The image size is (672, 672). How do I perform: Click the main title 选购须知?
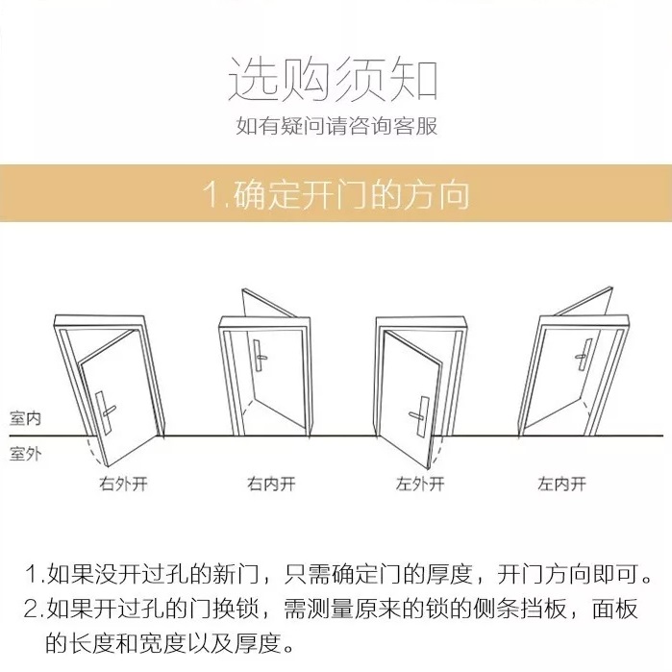point(333,79)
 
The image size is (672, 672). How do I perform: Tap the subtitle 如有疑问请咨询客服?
point(336,126)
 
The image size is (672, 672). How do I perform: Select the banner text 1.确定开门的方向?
point(336,194)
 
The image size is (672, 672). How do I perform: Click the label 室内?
point(25,418)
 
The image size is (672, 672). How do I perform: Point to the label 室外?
point(25,454)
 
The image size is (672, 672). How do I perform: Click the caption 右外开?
point(123,485)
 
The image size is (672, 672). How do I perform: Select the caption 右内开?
point(271,485)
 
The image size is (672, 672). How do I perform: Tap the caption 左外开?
point(420,485)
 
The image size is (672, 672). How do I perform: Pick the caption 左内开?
point(561,485)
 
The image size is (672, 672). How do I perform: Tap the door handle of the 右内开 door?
point(260,356)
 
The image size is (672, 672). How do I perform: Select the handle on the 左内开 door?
point(584,355)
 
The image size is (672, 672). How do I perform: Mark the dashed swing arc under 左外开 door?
point(436,453)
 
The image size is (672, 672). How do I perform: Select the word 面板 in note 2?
point(615,609)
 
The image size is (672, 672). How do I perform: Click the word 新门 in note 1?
point(236,574)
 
